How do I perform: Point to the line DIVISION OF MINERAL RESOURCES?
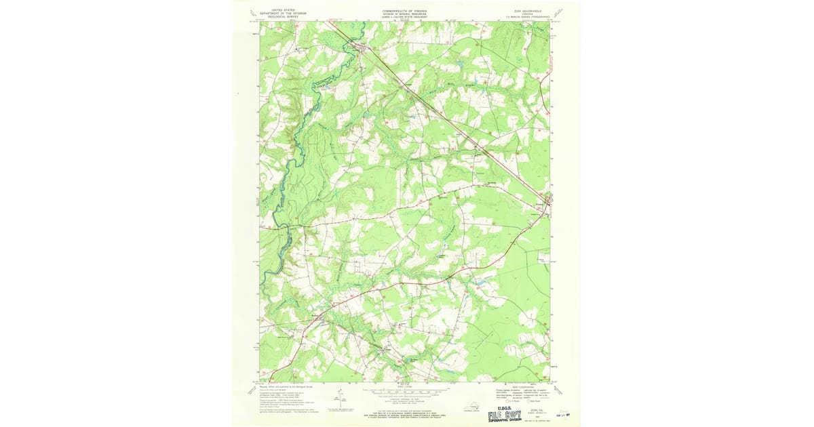click(x=405, y=14)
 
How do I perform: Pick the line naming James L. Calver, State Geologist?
click(x=405, y=17)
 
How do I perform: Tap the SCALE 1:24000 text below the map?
click(x=405, y=386)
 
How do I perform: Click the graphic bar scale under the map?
click(x=405, y=392)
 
